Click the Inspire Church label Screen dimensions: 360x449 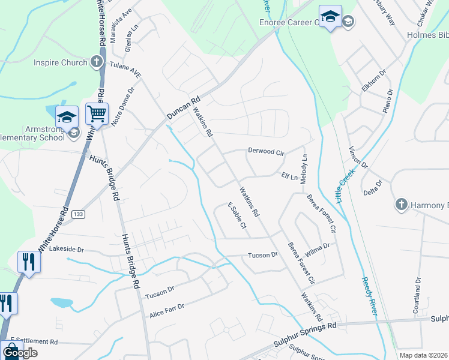pyautogui.click(x=60, y=62)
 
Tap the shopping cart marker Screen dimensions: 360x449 pyautogui.click(x=96, y=113)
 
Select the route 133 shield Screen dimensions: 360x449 pyautogui.click(x=78, y=214)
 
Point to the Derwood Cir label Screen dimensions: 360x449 pyautogui.click(x=265, y=152)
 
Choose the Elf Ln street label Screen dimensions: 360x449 pyautogui.click(x=289, y=177)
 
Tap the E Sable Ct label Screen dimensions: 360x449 pyautogui.click(x=237, y=217)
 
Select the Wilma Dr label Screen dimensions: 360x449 pyautogui.click(x=318, y=247)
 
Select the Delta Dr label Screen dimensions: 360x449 pyautogui.click(x=373, y=188)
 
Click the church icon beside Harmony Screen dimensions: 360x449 pyautogui.click(x=402, y=205)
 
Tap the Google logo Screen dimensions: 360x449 pyautogui.click(x=20, y=353)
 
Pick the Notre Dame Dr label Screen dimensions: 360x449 pyautogui.click(x=122, y=104)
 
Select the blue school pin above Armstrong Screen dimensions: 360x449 pyautogui.click(x=67, y=116)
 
